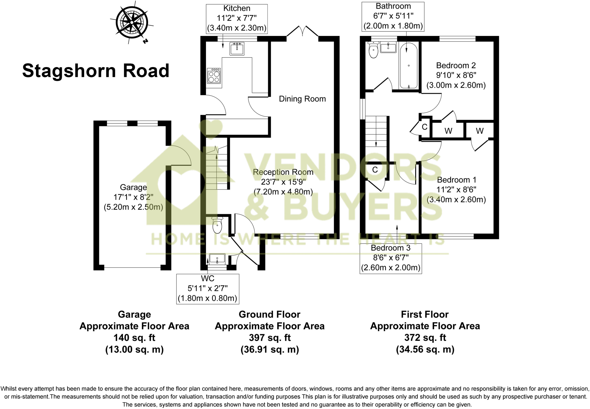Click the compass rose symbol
(132, 22)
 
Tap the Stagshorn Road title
(96, 71)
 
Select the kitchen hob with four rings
(214, 76)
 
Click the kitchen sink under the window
(237, 49)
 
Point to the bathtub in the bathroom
(409, 66)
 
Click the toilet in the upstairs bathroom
(373, 50)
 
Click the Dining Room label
(302, 99)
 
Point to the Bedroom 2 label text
(456, 66)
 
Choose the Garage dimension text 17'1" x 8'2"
(133, 197)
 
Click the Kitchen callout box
(237, 18)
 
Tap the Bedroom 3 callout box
(391, 258)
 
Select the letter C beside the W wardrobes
(424, 127)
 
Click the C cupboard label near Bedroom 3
(375, 170)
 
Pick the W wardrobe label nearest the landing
(448, 131)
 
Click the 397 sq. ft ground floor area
(270, 338)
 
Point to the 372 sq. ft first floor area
(425, 338)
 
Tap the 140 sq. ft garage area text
(134, 338)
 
